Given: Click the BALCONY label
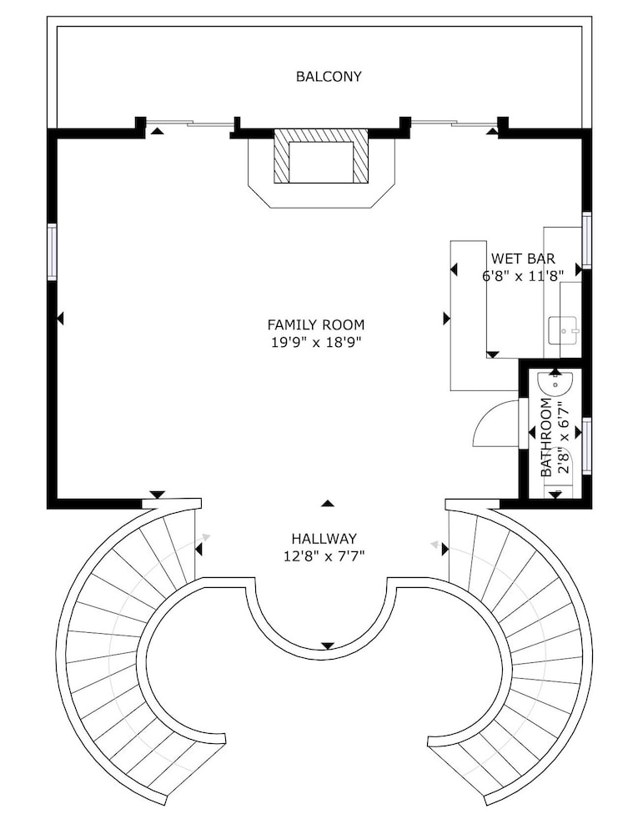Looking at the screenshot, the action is point(328,77).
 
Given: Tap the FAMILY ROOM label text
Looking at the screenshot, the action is point(316,324).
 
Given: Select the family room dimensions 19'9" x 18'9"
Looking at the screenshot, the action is point(316,342).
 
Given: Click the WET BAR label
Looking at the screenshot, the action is point(523,259).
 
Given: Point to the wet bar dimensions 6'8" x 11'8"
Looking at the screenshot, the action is point(523,275).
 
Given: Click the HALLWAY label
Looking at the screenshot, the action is point(324,539).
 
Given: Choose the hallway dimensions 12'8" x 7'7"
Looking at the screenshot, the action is point(324,556).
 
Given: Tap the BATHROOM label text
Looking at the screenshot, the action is point(546,437).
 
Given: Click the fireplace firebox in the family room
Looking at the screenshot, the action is point(321,163).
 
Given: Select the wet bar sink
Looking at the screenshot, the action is point(563,330).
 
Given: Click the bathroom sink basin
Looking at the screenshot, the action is point(555,384).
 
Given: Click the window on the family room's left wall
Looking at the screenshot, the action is point(52,252).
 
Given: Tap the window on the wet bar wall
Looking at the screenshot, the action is point(586,239).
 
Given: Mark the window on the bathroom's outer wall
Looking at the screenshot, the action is point(586,445).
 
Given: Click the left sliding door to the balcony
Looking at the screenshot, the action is point(189,124).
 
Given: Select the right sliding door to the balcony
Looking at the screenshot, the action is point(455,124).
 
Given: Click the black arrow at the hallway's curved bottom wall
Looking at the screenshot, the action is point(328,646).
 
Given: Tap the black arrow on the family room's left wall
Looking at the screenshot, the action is point(60,319).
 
